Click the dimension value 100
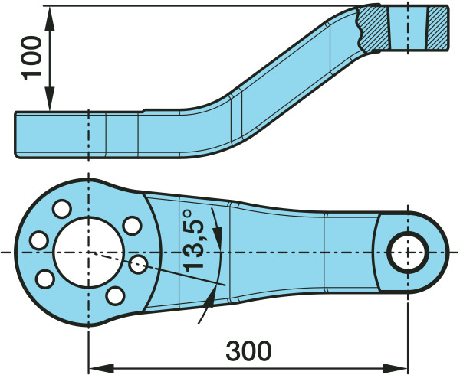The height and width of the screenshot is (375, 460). [x=31, y=58]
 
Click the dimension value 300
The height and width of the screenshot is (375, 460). [x=248, y=351]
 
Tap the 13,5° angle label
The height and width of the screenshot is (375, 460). [x=193, y=240]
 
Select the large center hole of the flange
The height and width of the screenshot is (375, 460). [x=89, y=252]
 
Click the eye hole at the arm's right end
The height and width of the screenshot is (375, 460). [x=408, y=252]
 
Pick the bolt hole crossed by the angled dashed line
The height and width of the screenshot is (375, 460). [x=138, y=264]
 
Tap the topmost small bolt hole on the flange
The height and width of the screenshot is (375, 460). [x=62, y=209]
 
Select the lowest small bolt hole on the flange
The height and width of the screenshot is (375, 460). [x=115, y=296]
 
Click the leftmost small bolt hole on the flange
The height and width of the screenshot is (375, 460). [x=39, y=240]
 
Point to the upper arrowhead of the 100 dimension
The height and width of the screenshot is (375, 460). [x=50, y=18]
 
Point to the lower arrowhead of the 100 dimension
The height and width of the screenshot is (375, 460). [x=50, y=99]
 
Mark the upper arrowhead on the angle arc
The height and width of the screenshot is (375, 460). [x=217, y=238]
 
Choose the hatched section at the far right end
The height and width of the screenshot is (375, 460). [x=437, y=28]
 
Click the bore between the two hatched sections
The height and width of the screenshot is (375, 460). [x=408, y=28]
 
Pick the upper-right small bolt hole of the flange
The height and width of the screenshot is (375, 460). [x=132, y=226]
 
